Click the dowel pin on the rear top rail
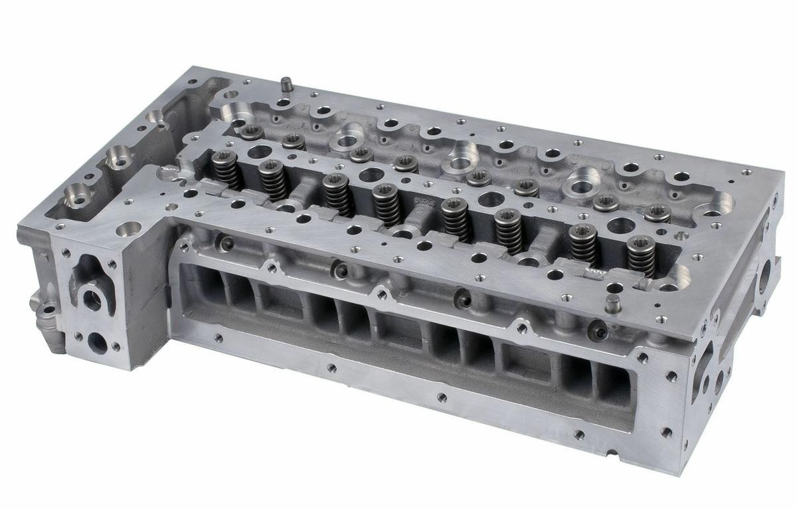(287, 84)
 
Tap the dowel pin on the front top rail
(612, 304)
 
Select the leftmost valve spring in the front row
(226, 170)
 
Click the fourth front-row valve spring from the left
(385, 205)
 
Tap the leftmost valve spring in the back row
(252, 132)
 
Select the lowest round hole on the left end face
(97, 343)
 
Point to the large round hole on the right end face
(764, 274)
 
